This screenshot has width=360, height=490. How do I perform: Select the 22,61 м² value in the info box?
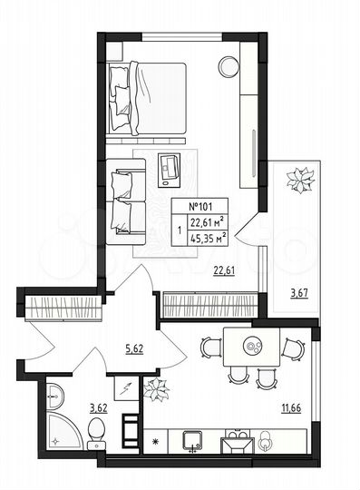coord(207,223)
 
